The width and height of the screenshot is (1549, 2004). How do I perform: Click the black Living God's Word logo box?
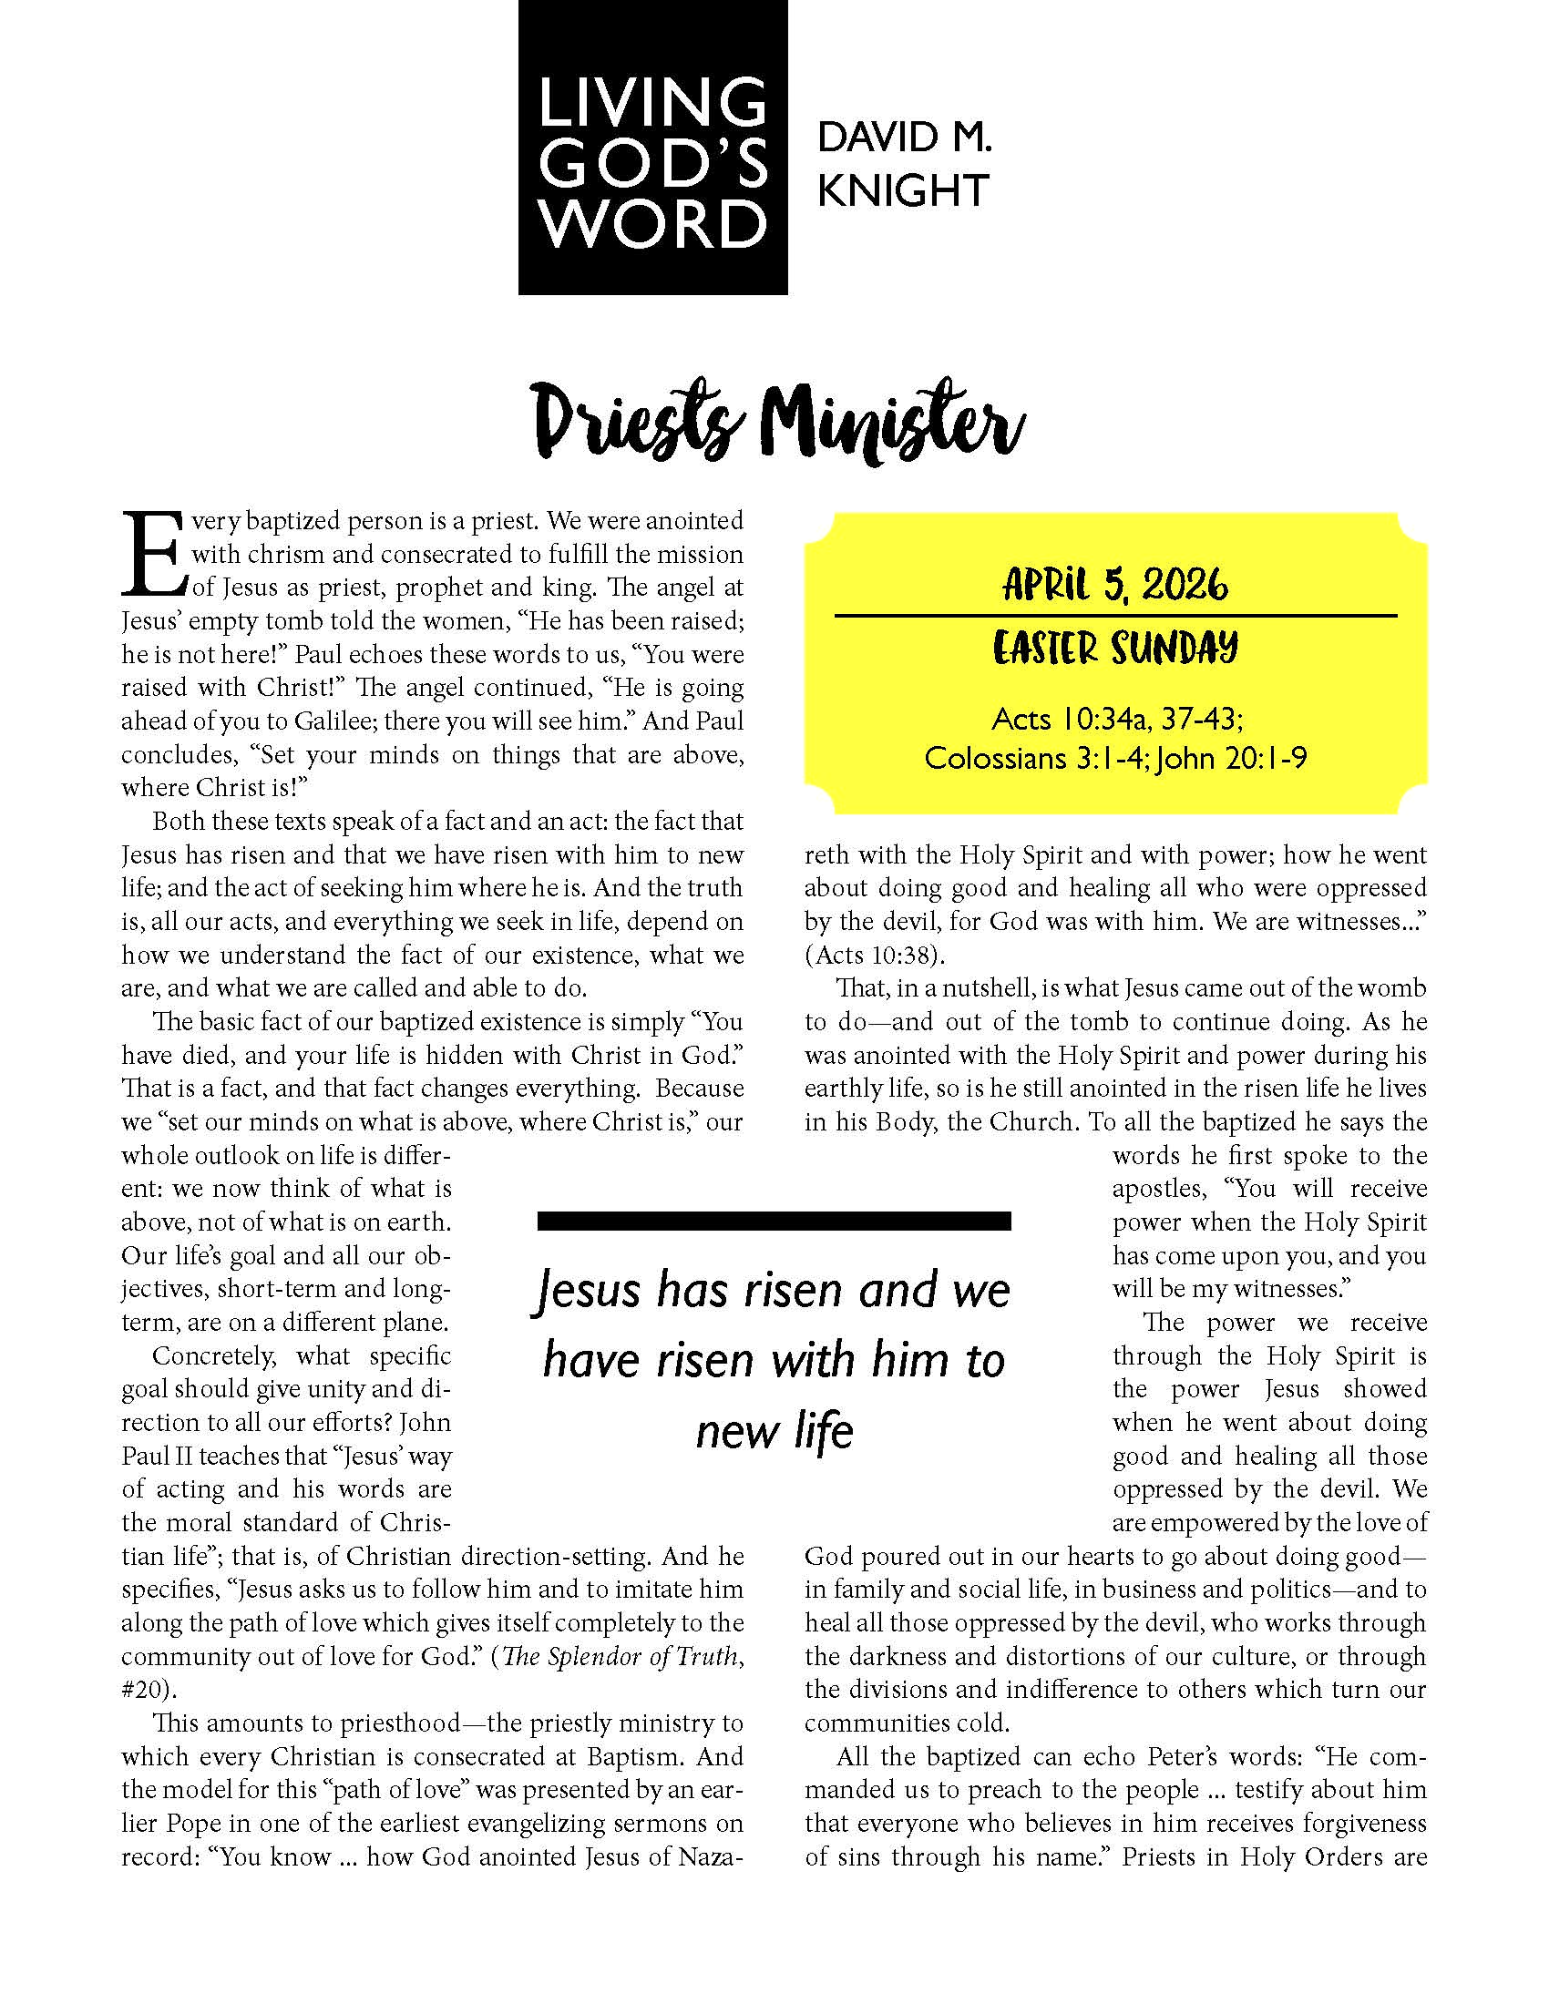[x=652, y=147]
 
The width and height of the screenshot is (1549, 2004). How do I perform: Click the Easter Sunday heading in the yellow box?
[x=1115, y=648]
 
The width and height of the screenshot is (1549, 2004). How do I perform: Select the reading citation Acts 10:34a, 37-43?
[x=1117, y=719]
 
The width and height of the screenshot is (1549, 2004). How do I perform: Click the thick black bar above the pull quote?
[x=774, y=1221]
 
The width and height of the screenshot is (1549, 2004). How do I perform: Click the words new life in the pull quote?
[x=774, y=1430]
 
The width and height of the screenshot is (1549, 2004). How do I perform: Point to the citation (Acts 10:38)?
[x=875, y=956]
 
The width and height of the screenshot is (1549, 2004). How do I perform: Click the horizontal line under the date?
[x=1115, y=615]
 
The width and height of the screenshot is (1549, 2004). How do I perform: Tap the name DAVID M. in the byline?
[x=904, y=138]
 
